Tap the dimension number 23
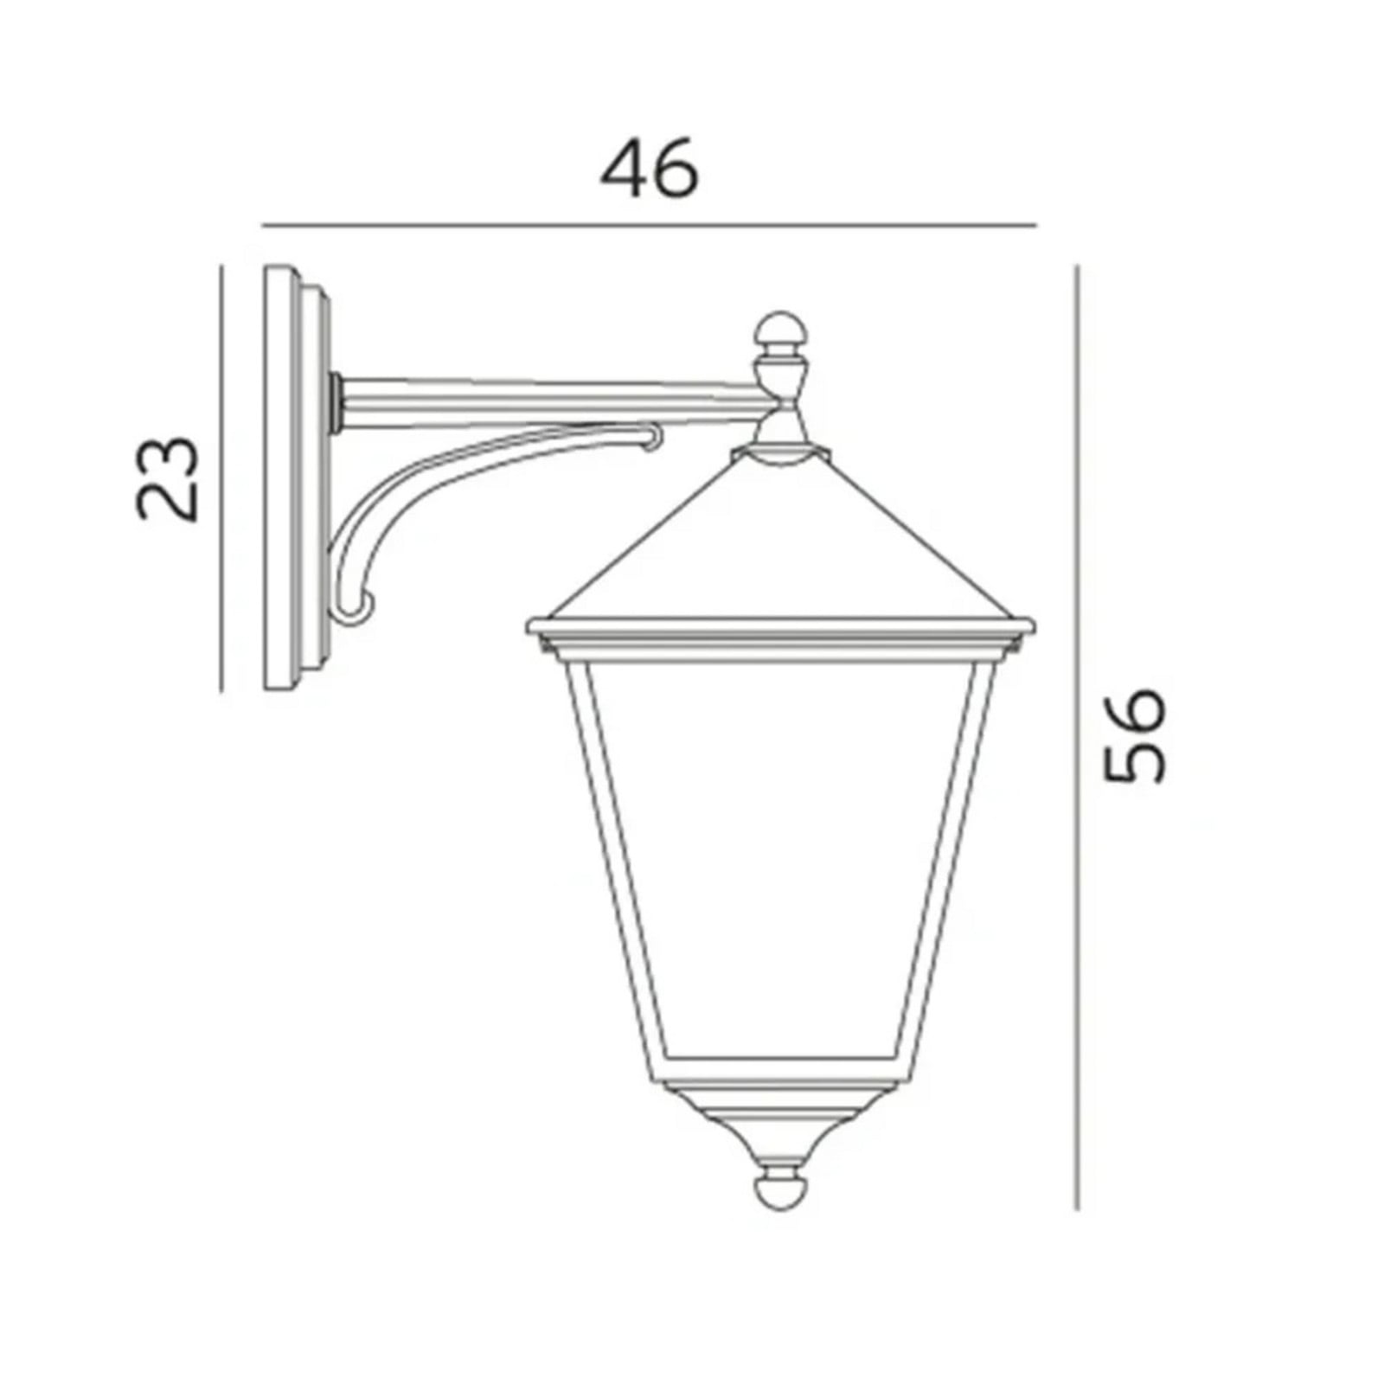coord(168,478)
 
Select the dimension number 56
coord(1136,734)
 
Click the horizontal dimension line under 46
coord(649,225)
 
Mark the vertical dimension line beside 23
coord(222,478)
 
